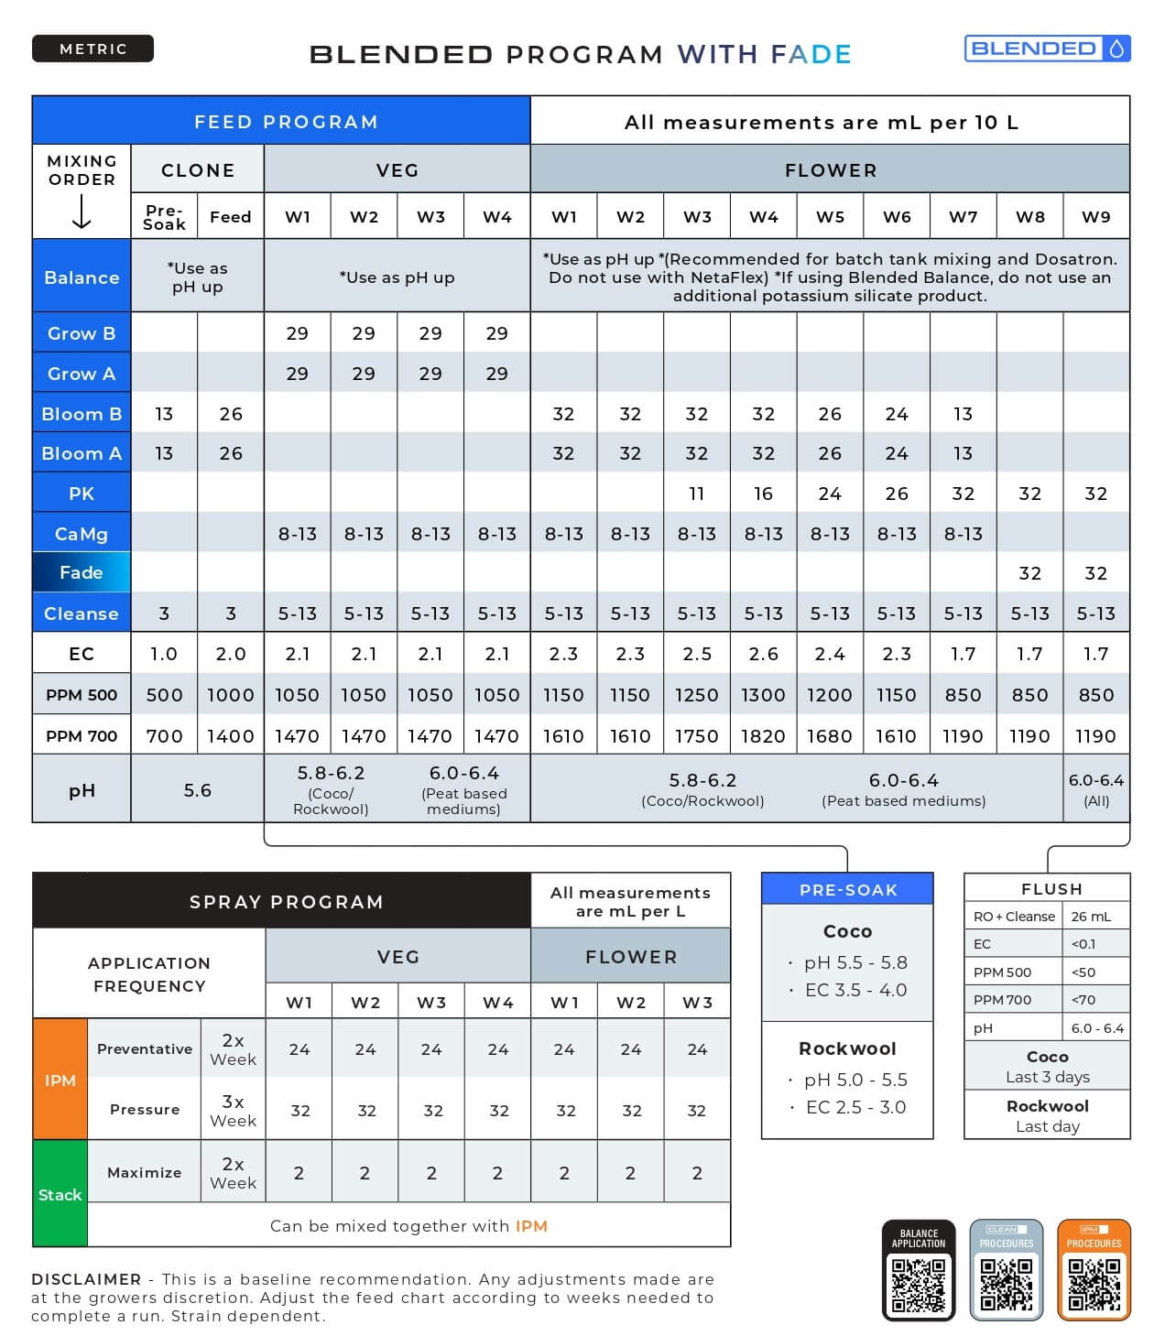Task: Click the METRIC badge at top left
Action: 93,49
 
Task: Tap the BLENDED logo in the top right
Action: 1047,49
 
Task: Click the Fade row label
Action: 82,572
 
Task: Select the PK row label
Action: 82,494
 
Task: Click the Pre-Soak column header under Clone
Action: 164,217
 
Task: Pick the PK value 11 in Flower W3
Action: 697,494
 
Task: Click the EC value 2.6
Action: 763,654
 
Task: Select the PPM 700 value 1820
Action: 763,735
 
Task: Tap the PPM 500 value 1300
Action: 763,695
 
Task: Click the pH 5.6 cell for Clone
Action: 198,789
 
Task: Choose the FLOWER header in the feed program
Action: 830,170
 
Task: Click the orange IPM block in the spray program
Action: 60,1080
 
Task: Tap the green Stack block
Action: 60,1193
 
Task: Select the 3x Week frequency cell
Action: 233,1110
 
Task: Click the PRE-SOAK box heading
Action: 847,889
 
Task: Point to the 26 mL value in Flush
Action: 1091,916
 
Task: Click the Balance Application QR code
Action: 918,1283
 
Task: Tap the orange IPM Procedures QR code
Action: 1094,1283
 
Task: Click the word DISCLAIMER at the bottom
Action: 86,1279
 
